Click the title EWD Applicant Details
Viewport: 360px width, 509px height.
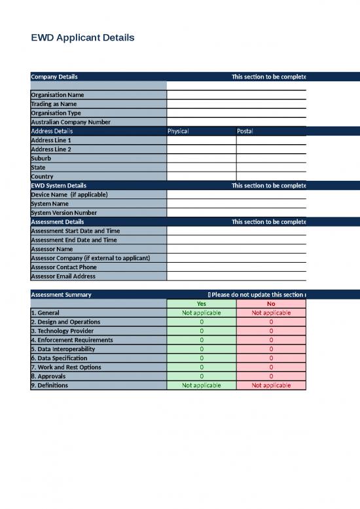click(82, 38)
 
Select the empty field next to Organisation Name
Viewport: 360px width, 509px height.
click(236, 95)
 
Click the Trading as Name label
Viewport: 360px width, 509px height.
click(54, 104)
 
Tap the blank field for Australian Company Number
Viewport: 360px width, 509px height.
click(236, 122)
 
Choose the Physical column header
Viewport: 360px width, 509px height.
click(178, 131)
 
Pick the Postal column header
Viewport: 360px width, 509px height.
click(245, 131)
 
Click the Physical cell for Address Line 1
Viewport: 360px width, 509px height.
click(201, 140)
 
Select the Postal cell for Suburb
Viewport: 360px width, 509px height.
click(271, 159)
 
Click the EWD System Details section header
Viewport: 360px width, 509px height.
click(58, 185)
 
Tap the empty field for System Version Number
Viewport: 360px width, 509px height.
click(236, 213)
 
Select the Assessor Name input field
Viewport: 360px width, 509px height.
click(236, 249)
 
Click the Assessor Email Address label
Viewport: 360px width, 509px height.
click(63, 276)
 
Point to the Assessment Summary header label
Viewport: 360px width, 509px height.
click(61, 295)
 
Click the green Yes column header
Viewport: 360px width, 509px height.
click(201, 304)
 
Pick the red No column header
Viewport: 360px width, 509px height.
click(271, 304)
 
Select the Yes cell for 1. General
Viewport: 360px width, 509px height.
click(201, 313)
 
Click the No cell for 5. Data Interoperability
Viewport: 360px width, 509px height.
click(271, 349)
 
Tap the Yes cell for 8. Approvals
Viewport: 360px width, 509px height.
click(201, 377)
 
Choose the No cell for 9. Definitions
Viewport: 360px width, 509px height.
click(271, 385)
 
